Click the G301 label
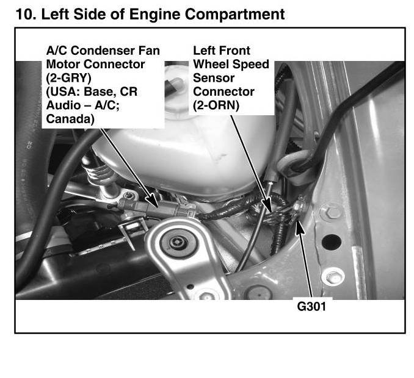tap(311, 306)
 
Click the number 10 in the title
tap(26, 14)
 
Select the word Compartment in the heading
tap(234, 15)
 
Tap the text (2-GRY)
tap(68, 78)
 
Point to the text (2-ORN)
tap(216, 105)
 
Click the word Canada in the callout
tap(70, 119)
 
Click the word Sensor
tap(214, 78)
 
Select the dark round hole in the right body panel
tap(332, 242)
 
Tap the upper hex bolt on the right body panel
tap(330, 212)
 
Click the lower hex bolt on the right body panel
tap(333, 277)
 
